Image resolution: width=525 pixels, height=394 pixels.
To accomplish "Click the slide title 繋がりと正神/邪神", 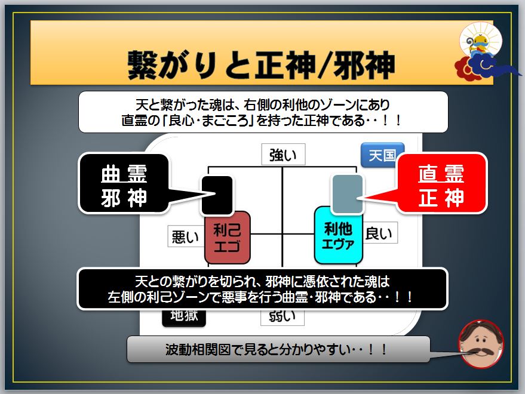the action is point(261,62).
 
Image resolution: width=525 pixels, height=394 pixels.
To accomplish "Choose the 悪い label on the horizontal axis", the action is point(185,236).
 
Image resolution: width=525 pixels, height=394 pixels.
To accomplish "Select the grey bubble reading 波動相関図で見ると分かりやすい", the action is point(278,349).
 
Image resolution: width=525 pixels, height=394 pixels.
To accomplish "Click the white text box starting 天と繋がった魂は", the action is point(263,112).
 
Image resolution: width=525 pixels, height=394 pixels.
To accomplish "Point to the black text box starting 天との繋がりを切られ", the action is point(263,288).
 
